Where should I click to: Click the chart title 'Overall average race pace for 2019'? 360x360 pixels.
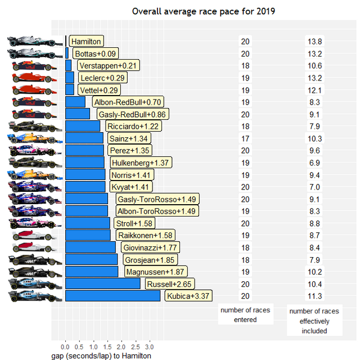[x=203, y=11]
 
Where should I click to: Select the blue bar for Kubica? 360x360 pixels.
[x=112, y=296]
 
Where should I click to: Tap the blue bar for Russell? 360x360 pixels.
[x=102, y=284]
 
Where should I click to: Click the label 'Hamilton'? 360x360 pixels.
[x=86, y=41]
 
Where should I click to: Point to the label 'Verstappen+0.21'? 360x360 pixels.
[x=107, y=66]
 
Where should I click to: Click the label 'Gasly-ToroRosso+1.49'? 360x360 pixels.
[x=157, y=199]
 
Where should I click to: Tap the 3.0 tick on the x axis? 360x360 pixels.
[x=150, y=347]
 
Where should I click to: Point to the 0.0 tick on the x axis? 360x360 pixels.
[x=65, y=347]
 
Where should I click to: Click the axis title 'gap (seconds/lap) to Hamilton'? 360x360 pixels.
[x=101, y=356]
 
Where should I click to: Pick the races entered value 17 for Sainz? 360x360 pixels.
[x=245, y=138]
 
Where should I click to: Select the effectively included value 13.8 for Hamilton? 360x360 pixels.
[x=314, y=42]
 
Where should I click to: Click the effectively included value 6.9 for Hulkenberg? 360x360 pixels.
[x=314, y=163]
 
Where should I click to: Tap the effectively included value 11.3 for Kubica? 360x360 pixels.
[x=314, y=296]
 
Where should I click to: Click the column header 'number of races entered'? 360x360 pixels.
[x=245, y=315]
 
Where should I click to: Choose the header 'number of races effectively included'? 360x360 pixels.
[x=314, y=321]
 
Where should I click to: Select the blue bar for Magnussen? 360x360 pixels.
[x=92, y=272]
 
